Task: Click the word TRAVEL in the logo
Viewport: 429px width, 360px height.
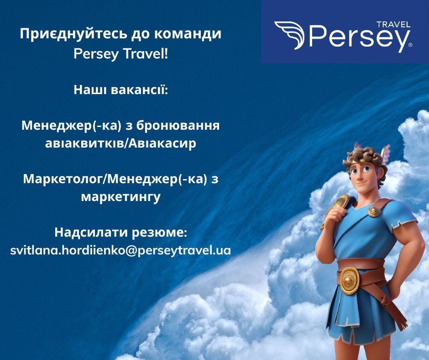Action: coord(394,25)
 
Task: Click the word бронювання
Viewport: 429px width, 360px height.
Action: coord(178,126)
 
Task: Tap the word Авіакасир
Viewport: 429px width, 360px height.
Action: coord(162,143)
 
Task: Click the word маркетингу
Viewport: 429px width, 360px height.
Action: coord(120,197)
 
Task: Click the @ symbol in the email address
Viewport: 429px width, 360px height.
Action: coord(131,250)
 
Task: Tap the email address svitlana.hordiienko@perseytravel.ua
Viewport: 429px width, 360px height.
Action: coord(120,250)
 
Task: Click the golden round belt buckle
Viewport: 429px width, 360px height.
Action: coord(349,280)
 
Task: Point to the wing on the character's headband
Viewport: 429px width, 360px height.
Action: coord(386,154)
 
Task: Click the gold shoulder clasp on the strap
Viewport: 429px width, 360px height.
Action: coord(374,211)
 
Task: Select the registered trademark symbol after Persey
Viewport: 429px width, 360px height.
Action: coord(410,45)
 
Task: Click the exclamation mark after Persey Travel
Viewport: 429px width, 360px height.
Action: coord(166,54)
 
